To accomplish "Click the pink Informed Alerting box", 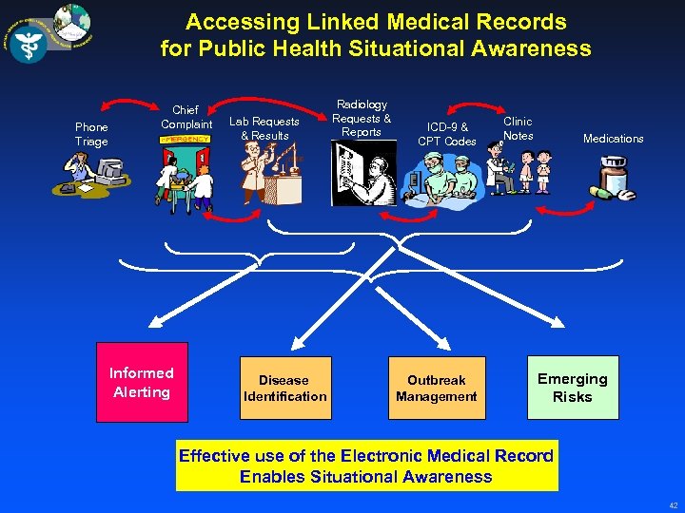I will (x=142, y=383).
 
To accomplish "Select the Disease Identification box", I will (x=284, y=389).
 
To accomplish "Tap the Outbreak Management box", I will (x=437, y=389).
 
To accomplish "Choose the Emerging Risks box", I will (x=573, y=388).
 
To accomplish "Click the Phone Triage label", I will (x=92, y=135).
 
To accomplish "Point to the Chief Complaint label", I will (x=186, y=118).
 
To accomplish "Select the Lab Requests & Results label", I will (x=264, y=128).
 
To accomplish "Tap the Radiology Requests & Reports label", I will (x=362, y=119).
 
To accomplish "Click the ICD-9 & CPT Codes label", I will (x=447, y=135).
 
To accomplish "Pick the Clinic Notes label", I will (x=518, y=128).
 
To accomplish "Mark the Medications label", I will (x=613, y=139).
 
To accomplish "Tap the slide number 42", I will (x=673, y=504).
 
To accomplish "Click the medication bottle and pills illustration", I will (x=614, y=180).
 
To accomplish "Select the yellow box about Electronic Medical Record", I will (x=366, y=465).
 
